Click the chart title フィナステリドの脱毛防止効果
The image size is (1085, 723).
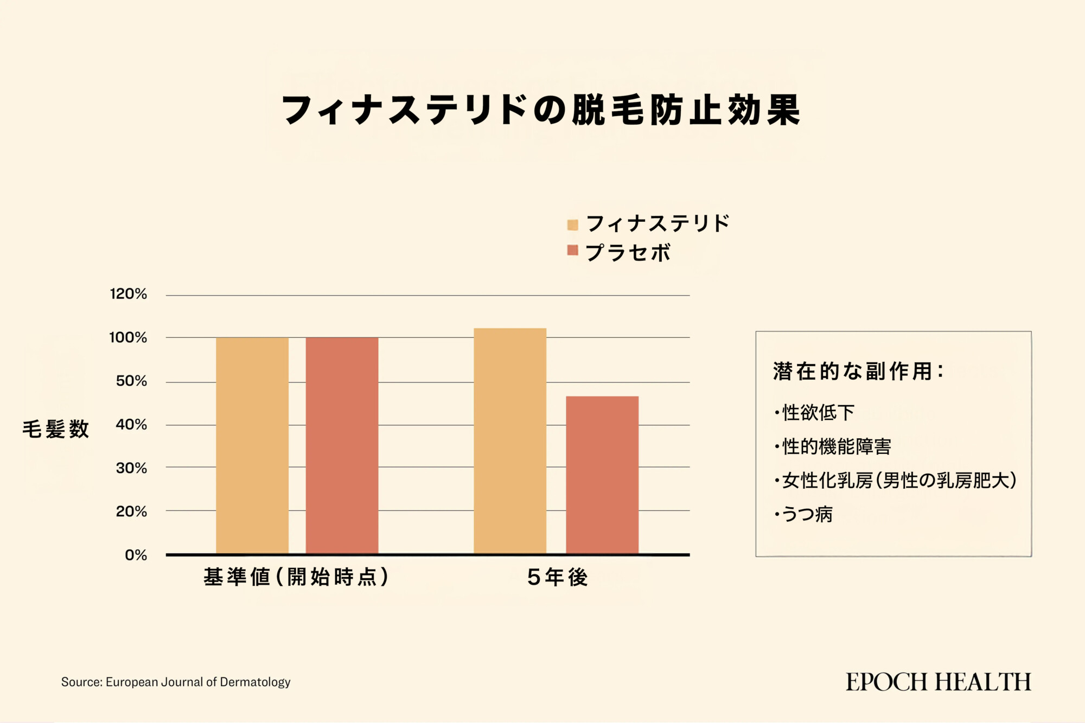[541, 110]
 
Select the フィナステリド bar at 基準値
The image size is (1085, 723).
[252, 445]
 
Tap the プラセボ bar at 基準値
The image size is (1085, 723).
[342, 445]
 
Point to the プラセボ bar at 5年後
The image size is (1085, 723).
[602, 475]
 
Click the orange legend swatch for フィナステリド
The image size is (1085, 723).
[572, 225]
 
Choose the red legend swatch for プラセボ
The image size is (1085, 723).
[572, 250]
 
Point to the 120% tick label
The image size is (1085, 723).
[129, 294]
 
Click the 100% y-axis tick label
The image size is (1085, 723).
[128, 337]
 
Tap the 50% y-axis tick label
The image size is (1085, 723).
[131, 381]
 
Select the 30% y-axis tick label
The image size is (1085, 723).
[131, 468]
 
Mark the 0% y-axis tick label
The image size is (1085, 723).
[136, 555]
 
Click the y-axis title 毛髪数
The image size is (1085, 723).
[55, 429]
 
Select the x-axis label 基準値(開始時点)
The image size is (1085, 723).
[296, 577]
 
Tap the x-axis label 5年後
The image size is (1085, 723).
[558, 577]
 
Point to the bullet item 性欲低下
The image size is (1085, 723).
[817, 413]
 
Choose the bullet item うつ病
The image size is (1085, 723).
[806, 514]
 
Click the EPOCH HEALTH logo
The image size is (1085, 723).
[939, 682]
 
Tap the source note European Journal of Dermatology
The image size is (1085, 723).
[176, 682]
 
